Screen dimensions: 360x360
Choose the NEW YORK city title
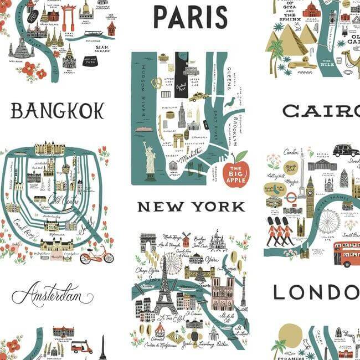[x=191, y=207]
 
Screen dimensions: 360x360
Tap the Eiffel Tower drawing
[x=164, y=288]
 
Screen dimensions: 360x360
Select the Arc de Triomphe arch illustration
[x=148, y=242]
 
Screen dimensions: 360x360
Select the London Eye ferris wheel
[x=328, y=221]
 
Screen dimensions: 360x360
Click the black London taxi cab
[x=345, y=150]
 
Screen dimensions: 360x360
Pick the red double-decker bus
[x=346, y=254]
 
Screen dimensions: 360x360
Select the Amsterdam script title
[x=52, y=294]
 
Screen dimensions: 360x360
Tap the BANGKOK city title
[x=57, y=111]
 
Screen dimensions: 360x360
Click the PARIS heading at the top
[x=190, y=17]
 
